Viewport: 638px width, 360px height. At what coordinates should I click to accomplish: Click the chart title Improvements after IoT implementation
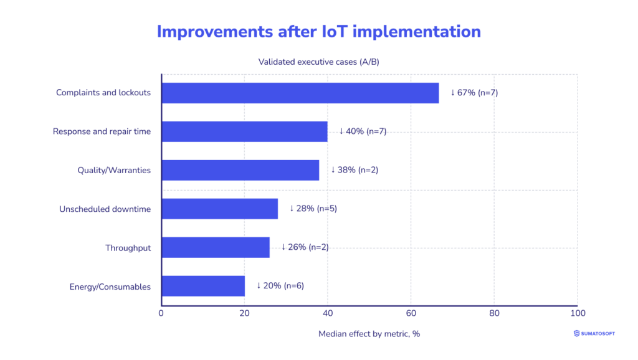[x=318, y=32]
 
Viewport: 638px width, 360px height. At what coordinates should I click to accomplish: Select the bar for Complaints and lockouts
[x=300, y=93]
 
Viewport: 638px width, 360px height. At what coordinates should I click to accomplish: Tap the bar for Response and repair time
[x=244, y=131]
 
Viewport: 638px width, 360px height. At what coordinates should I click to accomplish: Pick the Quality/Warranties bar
[x=240, y=170]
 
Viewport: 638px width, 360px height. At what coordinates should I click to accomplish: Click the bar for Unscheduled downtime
[x=219, y=209]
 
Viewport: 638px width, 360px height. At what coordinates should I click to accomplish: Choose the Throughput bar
[x=215, y=247]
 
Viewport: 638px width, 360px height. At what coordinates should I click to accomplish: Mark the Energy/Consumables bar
[x=202, y=286]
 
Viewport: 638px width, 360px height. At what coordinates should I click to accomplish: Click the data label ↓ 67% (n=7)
[x=474, y=93]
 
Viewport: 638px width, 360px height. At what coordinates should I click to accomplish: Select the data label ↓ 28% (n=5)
[x=313, y=209]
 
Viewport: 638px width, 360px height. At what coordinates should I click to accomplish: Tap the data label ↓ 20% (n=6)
[x=280, y=286]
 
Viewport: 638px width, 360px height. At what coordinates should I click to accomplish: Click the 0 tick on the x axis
[x=161, y=313]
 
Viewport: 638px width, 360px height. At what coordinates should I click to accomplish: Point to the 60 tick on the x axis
[x=411, y=313]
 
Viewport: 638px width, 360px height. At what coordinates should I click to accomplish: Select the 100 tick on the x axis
[x=577, y=313]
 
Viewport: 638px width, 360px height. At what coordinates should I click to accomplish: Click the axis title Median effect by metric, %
[x=369, y=334]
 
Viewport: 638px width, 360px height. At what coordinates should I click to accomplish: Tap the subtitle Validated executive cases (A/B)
[x=318, y=62]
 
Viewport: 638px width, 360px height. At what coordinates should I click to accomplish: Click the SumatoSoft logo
[x=594, y=334]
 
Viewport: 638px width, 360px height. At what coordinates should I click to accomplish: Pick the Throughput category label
[x=128, y=248]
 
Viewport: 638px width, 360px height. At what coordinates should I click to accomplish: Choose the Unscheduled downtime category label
[x=105, y=209]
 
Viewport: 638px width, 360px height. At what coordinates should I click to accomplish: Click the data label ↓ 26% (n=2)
[x=305, y=247]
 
